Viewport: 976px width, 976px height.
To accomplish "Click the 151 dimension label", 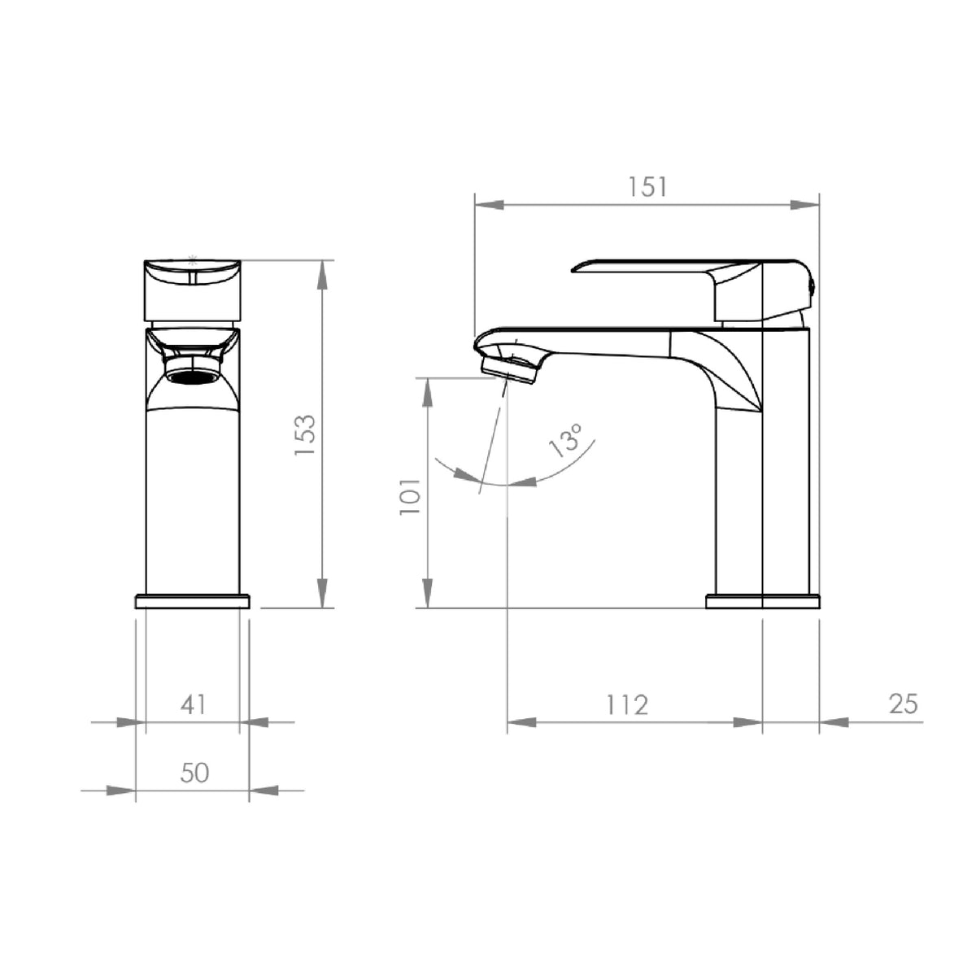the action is (647, 187).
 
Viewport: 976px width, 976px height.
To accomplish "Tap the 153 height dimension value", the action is (305, 434).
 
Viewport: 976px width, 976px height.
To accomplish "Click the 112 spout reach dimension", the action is (627, 704).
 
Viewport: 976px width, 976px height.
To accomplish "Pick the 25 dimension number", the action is (904, 704).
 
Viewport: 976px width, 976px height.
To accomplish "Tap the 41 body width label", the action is (193, 704).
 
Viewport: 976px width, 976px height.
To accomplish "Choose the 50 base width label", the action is (194, 773).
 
